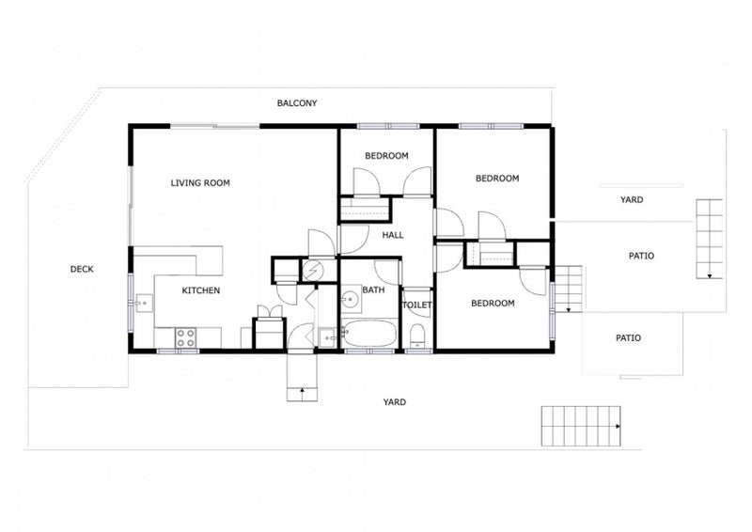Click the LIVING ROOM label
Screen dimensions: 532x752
point(200,182)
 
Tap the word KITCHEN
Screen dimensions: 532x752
point(200,290)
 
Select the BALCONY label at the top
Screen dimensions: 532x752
point(296,102)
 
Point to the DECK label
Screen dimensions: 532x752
point(82,270)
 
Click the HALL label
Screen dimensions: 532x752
point(393,235)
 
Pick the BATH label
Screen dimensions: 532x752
point(374,290)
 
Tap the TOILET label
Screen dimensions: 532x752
point(417,305)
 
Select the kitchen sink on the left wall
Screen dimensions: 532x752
point(143,303)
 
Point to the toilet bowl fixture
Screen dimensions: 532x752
point(418,337)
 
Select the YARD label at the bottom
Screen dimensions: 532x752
point(394,402)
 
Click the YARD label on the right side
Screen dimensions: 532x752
point(631,200)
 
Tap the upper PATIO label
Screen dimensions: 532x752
point(641,256)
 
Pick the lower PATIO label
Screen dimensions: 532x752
point(628,337)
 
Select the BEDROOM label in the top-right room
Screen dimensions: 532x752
point(496,178)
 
